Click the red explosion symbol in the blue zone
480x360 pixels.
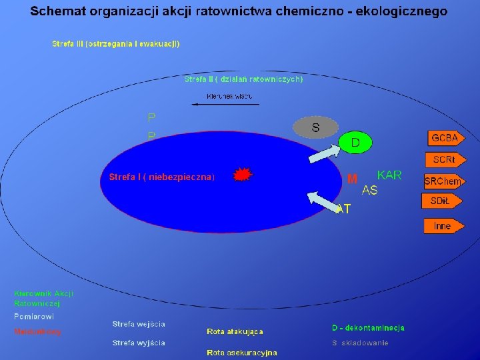243,175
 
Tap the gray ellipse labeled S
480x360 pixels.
315,127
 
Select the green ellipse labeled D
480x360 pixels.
355,142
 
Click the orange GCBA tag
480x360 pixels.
445,138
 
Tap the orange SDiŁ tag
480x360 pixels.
442,201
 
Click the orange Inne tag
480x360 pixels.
442,226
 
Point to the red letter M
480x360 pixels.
353,179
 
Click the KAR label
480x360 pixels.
389,175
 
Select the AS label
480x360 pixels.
369,191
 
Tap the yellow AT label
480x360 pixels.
344,209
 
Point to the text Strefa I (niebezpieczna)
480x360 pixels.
162,177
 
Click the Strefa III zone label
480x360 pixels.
115,44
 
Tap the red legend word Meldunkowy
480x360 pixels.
37,331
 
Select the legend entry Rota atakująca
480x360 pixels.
235,331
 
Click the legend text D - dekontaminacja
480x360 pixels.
368,328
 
